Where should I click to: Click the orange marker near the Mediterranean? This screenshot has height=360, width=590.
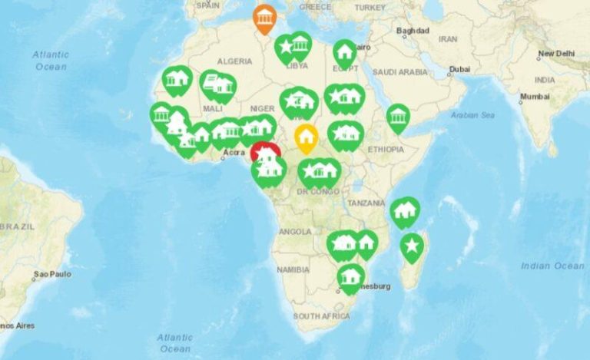point(264,17)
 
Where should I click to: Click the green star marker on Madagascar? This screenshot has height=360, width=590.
point(412,246)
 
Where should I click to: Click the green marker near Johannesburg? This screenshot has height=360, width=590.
point(350,276)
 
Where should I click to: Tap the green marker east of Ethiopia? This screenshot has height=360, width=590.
point(397,117)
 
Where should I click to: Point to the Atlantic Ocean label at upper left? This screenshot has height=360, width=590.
point(51,61)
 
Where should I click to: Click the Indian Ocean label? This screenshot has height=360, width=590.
point(552,266)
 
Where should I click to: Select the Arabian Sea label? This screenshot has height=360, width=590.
point(472,115)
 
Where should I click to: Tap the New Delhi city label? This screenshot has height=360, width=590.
point(556,54)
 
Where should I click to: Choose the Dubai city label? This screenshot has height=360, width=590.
point(459,69)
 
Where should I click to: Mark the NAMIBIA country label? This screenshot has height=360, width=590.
point(294,270)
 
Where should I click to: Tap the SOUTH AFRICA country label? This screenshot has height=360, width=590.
point(321,316)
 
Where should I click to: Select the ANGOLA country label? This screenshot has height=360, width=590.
point(296,231)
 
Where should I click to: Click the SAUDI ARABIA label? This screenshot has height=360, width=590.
point(399,72)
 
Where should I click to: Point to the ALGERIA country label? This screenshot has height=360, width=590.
point(234,61)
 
